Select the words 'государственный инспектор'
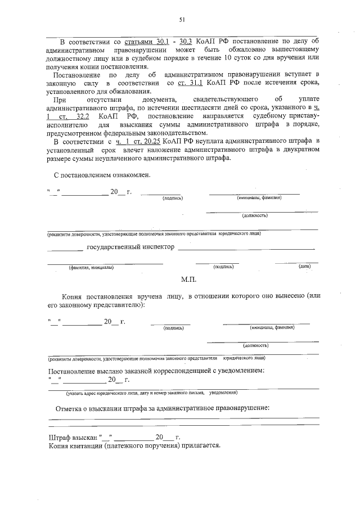[x=130, y=247]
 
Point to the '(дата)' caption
[x=305, y=267]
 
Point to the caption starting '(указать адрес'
[x=84, y=393]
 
